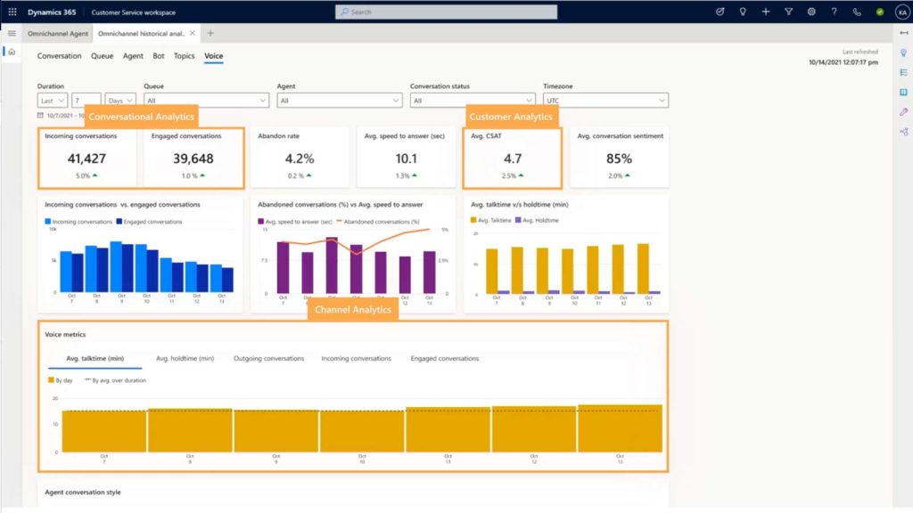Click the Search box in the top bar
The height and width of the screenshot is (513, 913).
tap(446, 12)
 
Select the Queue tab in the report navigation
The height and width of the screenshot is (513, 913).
tap(102, 56)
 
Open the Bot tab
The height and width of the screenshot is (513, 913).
tap(159, 56)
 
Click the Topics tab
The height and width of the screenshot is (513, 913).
tap(184, 56)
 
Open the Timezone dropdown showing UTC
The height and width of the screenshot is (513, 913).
tap(605, 101)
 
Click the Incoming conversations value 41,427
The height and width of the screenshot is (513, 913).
tap(86, 159)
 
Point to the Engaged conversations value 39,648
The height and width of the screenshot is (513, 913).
tap(186, 159)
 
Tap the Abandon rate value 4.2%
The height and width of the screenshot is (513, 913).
tap(300, 159)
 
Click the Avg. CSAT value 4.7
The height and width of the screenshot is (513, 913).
tap(512, 159)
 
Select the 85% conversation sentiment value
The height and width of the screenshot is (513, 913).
tap(619, 159)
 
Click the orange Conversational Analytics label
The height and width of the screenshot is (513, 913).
tap(140, 117)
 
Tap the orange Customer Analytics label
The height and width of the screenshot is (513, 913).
tap(511, 117)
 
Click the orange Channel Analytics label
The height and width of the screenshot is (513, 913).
tap(353, 309)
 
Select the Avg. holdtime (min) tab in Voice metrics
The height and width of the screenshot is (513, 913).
tap(185, 358)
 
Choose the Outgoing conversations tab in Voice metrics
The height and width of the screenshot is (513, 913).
tap(267, 358)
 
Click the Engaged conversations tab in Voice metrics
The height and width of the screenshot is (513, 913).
tap(444, 358)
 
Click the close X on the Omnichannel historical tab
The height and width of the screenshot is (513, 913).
tap(193, 33)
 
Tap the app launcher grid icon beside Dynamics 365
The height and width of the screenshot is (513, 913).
tap(12, 12)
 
